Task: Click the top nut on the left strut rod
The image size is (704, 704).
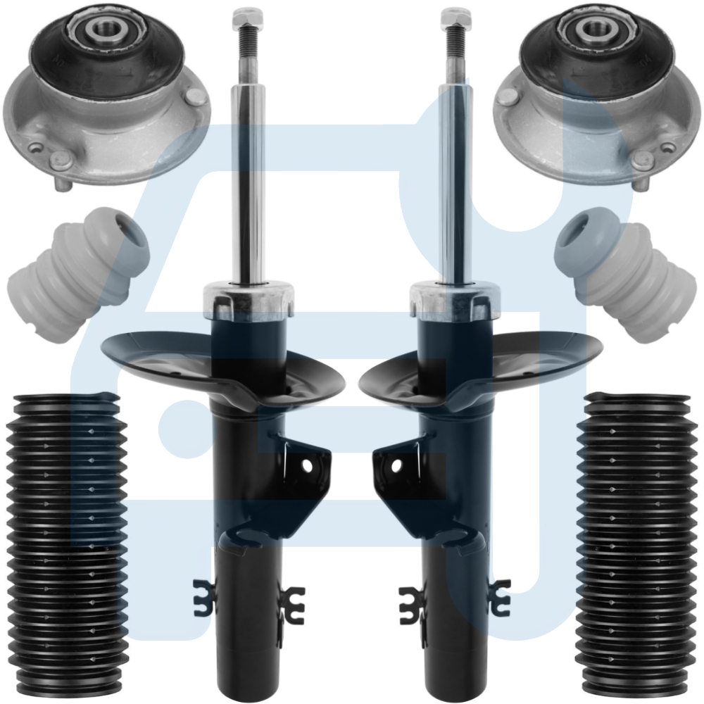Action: (x=247, y=15)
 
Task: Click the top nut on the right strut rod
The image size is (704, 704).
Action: (x=455, y=15)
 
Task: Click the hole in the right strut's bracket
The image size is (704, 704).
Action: (x=396, y=465)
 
